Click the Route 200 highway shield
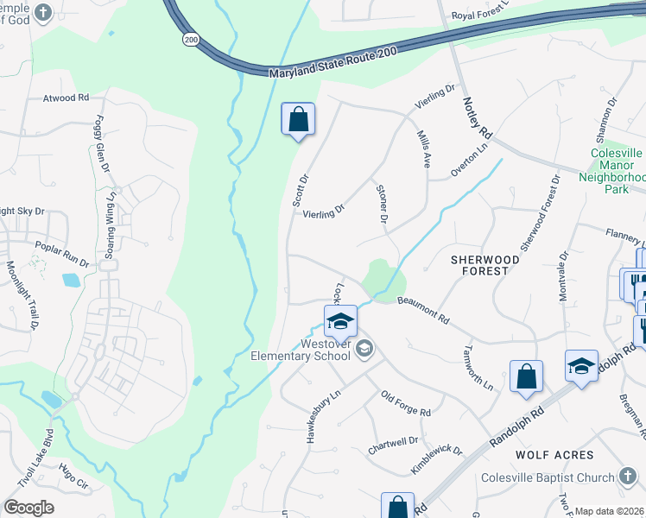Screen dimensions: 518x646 189,40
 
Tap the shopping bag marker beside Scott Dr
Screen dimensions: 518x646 298,120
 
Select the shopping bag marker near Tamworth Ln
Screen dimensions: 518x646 526,377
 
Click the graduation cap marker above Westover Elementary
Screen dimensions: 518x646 340,322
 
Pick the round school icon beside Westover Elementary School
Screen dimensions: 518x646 365,349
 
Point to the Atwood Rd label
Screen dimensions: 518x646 66,98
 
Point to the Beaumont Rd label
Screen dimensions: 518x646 423,310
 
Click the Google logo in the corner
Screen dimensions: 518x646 29,508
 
